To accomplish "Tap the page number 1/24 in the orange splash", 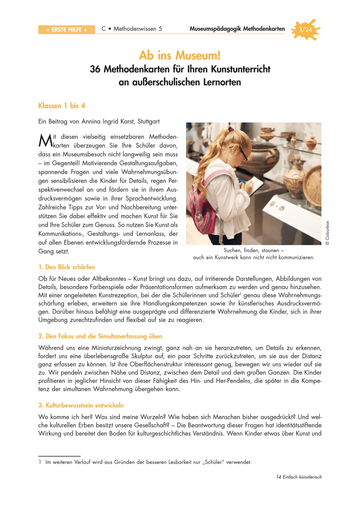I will pyautogui.click(x=305, y=30).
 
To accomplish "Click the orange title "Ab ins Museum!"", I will pyautogui.click(x=180, y=55).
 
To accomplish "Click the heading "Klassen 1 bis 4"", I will pyautogui.click(x=62, y=105).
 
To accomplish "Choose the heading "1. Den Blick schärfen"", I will pyautogui.click(x=66, y=267).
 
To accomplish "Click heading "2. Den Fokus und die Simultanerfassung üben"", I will pyautogui.click(x=100, y=336).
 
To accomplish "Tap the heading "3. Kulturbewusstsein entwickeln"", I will pyautogui.click(x=81, y=406).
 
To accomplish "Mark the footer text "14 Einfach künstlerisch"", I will pyautogui.click(x=299, y=477).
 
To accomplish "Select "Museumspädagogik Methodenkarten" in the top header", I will pyautogui.click(x=237, y=29).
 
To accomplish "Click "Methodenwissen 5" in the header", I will pyautogui.click(x=138, y=29).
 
